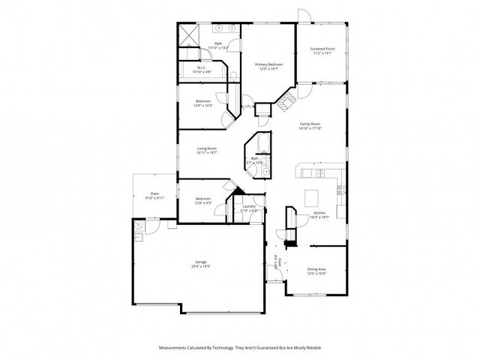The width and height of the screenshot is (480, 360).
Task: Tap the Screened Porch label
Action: [x=322, y=49]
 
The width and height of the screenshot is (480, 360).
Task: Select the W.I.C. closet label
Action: [x=202, y=67]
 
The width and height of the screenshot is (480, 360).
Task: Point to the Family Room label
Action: [x=310, y=124]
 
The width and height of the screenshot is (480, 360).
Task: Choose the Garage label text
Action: [x=200, y=262]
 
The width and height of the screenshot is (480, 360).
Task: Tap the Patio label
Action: [x=154, y=193]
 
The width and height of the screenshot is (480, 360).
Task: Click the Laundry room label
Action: [x=249, y=206]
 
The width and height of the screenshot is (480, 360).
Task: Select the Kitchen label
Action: [x=320, y=213]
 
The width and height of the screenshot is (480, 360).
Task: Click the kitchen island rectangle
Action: [x=312, y=197]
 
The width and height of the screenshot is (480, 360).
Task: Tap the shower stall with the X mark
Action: [x=187, y=34]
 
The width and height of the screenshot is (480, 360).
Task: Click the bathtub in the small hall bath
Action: [x=258, y=143]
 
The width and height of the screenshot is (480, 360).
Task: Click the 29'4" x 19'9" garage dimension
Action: [x=200, y=266]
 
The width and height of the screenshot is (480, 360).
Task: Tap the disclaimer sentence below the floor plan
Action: [x=239, y=348]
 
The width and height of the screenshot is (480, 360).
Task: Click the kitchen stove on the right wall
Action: [x=341, y=188]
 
